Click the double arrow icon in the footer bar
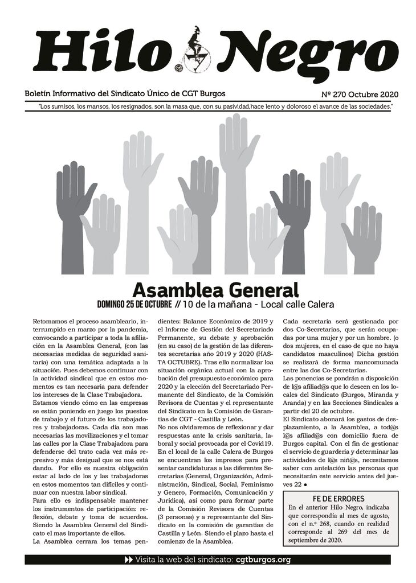pos(128,559)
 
